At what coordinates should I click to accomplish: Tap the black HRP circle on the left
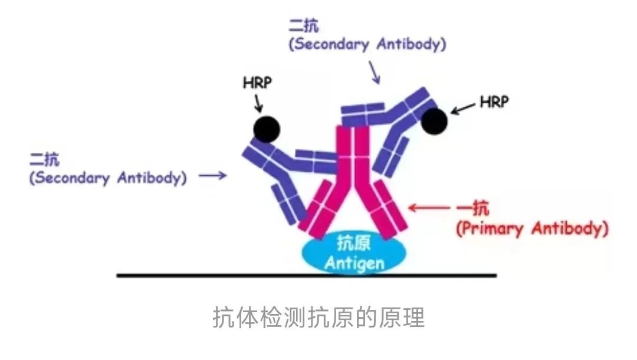tap(267, 129)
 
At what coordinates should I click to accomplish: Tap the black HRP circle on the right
tap(434, 121)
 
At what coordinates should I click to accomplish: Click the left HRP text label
tap(257, 83)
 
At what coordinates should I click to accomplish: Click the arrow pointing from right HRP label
tap(462, 109)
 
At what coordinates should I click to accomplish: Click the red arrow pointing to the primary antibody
tap(429, 207)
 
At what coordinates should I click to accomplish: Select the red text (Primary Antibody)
tap(532, 229)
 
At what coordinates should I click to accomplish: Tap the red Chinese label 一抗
tap(473, 209)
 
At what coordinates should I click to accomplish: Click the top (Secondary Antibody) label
tap(367, 44)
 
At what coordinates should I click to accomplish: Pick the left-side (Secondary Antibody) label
tap(108, 178)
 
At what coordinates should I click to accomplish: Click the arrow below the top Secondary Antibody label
tap(375, 73)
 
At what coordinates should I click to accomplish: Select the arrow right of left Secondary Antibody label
tap(212, 175)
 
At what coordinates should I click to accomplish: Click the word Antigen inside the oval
tap(354, 263)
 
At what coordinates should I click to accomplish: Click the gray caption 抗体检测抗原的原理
tap(318, 318)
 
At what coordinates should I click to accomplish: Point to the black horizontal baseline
tap(307, 276)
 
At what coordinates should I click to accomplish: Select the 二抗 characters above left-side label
tap(44, 159)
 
